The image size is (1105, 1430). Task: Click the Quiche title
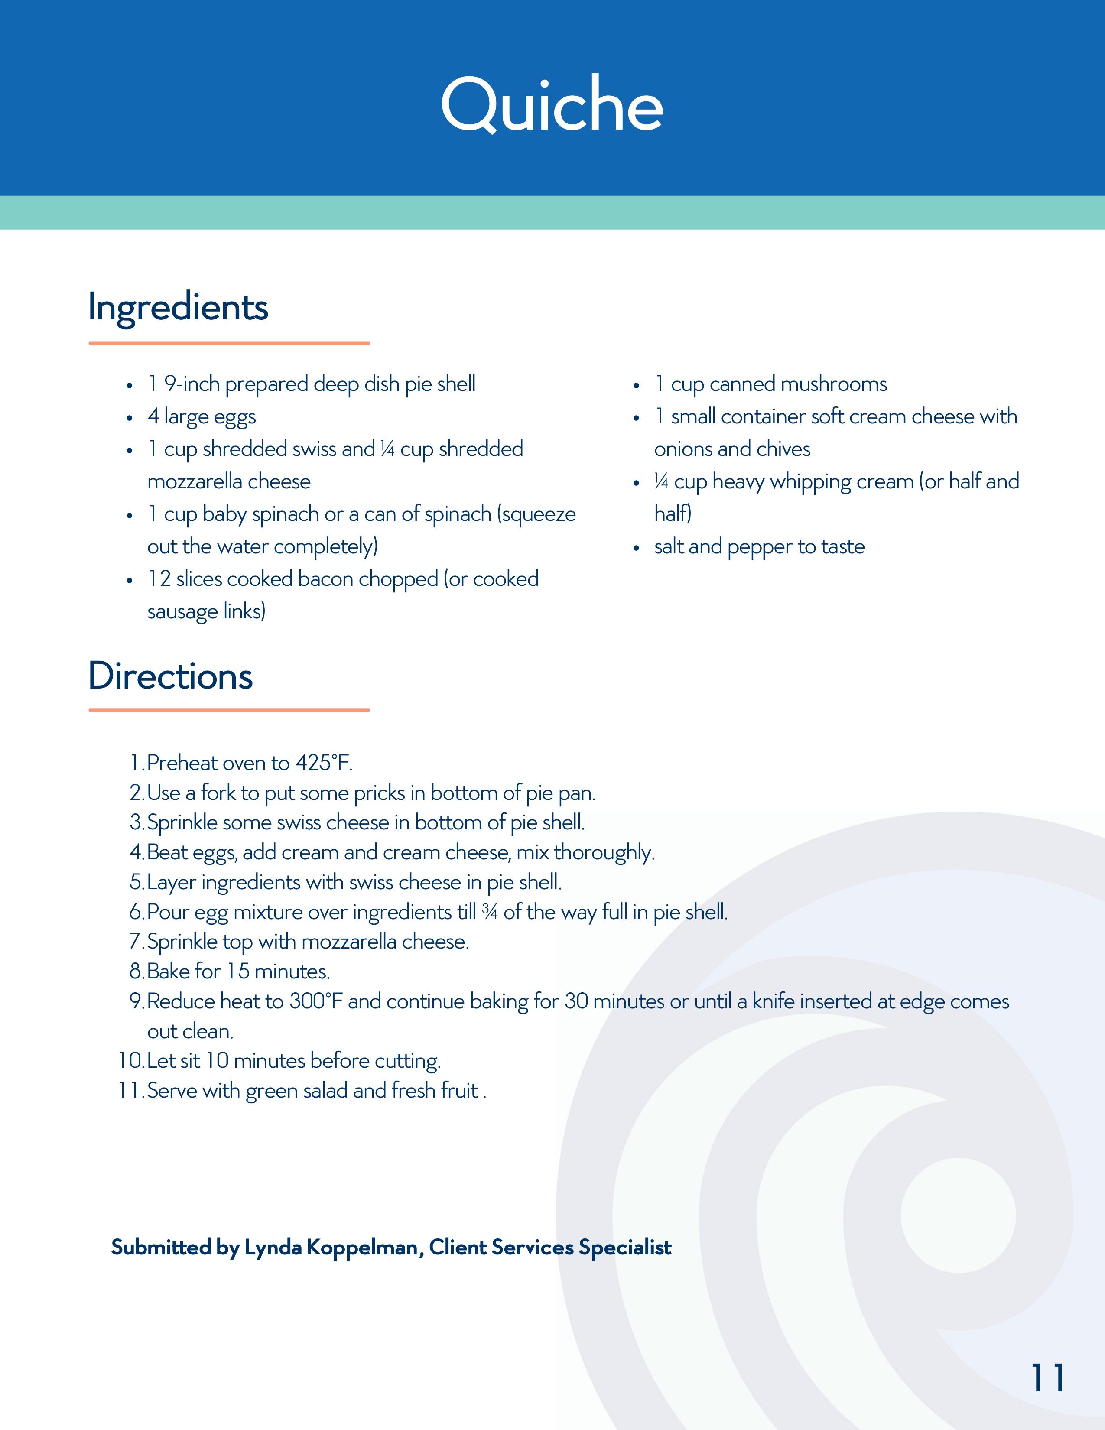(552, 105)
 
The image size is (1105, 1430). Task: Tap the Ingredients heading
(178, 307)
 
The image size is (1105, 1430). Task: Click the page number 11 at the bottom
(1047, 1378)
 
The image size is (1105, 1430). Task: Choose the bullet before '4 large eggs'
(130, 418)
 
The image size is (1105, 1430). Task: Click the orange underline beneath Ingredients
(229, 343)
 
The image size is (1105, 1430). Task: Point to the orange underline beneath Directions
(229, 710)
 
